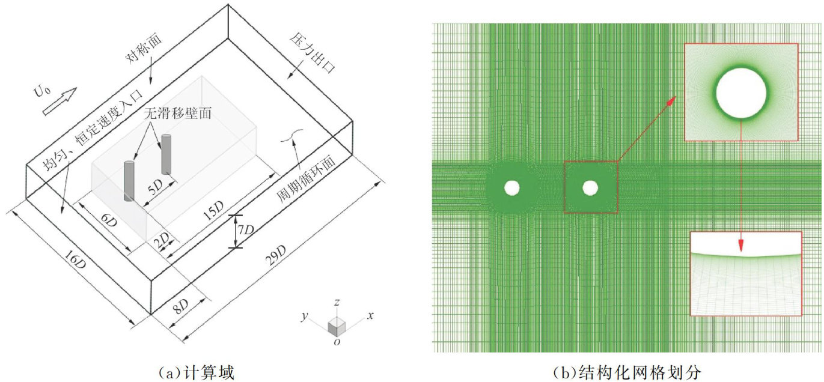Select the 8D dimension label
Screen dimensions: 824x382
tap(180, 306)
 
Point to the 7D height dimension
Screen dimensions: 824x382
tap(245, 230)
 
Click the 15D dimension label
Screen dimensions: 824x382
tap(213, 210)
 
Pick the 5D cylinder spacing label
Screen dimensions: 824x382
tap(155, 186)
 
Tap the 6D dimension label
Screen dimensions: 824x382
tap(109, 220)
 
